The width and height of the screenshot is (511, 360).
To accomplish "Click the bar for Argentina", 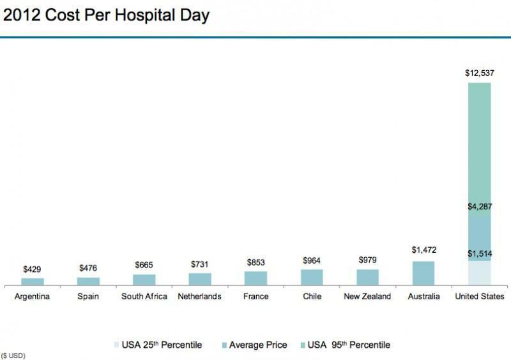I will click(33, 281).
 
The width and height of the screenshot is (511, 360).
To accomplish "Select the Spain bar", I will click(88, 281).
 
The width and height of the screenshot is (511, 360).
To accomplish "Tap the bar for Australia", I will click(423, 273).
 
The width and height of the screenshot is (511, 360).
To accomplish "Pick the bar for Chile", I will click(312, 277).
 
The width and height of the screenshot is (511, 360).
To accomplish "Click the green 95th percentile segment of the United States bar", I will click(479, 147).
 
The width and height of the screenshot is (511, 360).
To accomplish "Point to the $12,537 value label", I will click(479, 73).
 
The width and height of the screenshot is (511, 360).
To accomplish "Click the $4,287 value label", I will click(479, 206).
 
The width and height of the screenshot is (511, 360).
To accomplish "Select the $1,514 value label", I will click(479, 253).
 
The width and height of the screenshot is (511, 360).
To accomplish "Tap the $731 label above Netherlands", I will click(200, 264).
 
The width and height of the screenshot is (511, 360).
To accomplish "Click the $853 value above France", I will click(256, 262).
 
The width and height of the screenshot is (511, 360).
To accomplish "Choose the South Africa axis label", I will click(144, 297).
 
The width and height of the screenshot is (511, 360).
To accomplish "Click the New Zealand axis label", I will click(367, 297).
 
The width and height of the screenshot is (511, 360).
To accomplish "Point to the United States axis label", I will click(479, 297).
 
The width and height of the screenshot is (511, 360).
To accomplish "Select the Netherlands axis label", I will click(200, 297).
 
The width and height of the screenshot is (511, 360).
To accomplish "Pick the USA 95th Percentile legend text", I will click(349, 345).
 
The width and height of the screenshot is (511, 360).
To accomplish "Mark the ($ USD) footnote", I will click(13, 355).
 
